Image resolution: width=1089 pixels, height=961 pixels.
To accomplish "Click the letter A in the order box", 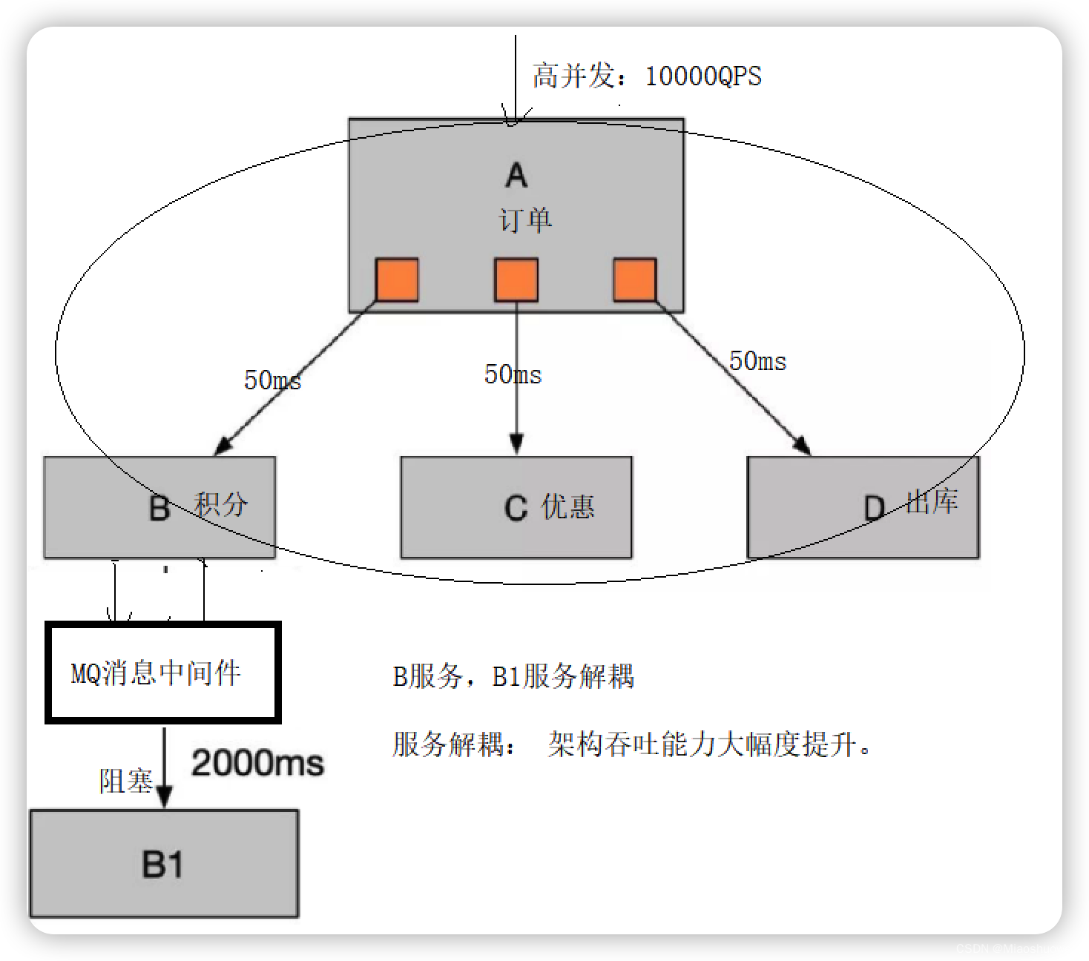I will [x=516, y=176].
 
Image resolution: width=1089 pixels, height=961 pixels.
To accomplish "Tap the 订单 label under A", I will [x=525, y=220].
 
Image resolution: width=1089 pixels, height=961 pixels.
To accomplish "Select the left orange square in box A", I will [x=397, y=280].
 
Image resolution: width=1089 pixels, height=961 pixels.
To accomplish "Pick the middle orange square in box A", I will [x=516, y=280].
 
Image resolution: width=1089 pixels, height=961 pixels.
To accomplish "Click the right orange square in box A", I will [x=635, y=280].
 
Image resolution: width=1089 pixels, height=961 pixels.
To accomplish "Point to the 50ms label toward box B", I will [x=272, y=380].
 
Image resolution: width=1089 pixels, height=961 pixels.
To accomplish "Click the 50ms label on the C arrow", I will [x=513, y=374].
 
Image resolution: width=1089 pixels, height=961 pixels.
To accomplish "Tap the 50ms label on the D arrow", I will [x=757, y=362].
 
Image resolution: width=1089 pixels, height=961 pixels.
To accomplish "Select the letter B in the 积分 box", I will [x=159, y=509].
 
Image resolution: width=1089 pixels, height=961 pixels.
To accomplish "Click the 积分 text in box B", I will [x=221, y=504].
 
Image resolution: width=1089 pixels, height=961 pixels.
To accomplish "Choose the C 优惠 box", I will [x=516, y=507].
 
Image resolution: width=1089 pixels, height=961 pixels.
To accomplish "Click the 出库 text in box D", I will [x=932, y=502].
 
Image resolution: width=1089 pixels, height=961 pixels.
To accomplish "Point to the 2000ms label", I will [x=257, y=763].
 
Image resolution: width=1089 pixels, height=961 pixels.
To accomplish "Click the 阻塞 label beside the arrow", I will [x=125, y=781].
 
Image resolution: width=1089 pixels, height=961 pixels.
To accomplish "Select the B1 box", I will [x=164, y=864].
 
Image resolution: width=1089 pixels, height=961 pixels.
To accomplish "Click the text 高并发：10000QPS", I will [x=647, y=76].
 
